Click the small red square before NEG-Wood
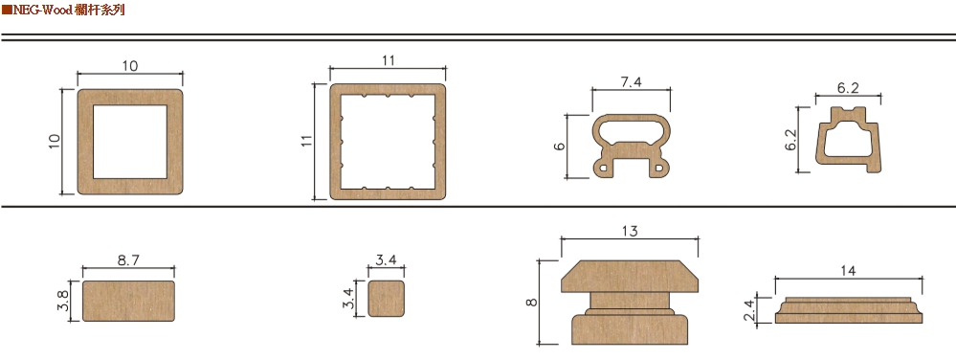[7, 10]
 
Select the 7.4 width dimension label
[631, 82]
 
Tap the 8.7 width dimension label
[128, 259]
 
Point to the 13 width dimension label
[630, 232]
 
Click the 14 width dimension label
[848, 271]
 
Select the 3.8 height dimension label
[62, 301]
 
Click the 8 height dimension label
[532, 302]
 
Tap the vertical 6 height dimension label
[561, 146]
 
